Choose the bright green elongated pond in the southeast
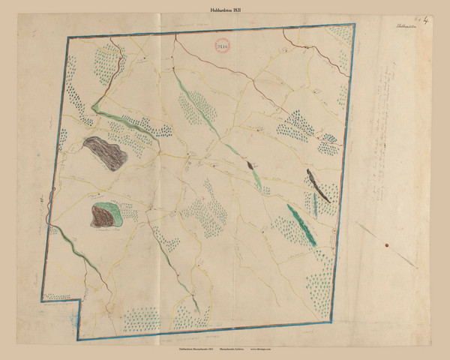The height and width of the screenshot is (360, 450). click(299, 222)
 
